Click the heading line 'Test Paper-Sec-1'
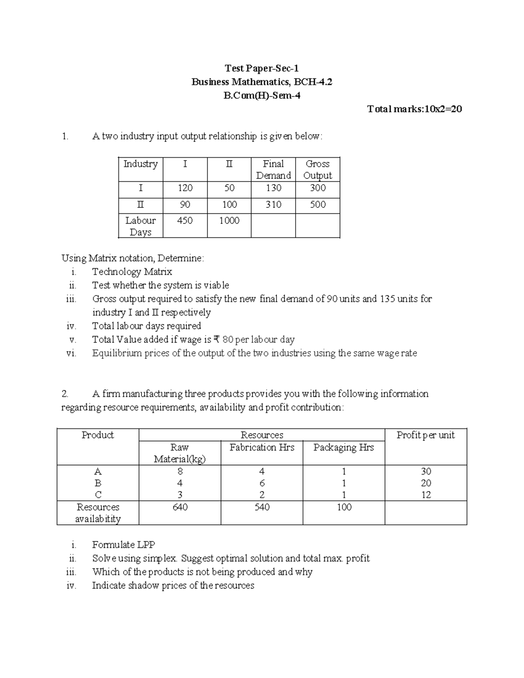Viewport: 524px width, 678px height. click(x=262, y=68)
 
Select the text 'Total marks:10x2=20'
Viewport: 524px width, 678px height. click(x=414, y=109)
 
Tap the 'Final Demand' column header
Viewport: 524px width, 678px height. click(x=273, y=169)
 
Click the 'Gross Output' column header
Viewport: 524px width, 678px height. click(x=317, y=169)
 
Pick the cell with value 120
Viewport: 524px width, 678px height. click(x=185, y=188)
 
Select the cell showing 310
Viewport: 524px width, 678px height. click(x=273, y=204)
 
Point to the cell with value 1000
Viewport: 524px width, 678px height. click(x=229, y=220)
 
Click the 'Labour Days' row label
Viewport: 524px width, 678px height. click(x=140, y=226)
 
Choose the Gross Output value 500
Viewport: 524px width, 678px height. click(x=317, y=204)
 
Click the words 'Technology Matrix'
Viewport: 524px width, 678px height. click(x=132, y=272)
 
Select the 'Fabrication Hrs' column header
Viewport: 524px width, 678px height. click(x=262, y=447)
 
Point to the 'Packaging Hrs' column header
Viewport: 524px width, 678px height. click(x=344, y=447)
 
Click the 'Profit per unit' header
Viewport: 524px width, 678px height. click(x=425, y=435)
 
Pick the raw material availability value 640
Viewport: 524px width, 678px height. click(x=180, y=507)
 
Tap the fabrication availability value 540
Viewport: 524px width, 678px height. click(x=262, y=507)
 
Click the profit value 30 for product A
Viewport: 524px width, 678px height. click(x=426, y=472)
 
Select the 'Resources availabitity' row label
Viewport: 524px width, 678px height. click(x=98, y=513)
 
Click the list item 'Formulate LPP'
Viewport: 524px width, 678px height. click(x=124, y=545)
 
